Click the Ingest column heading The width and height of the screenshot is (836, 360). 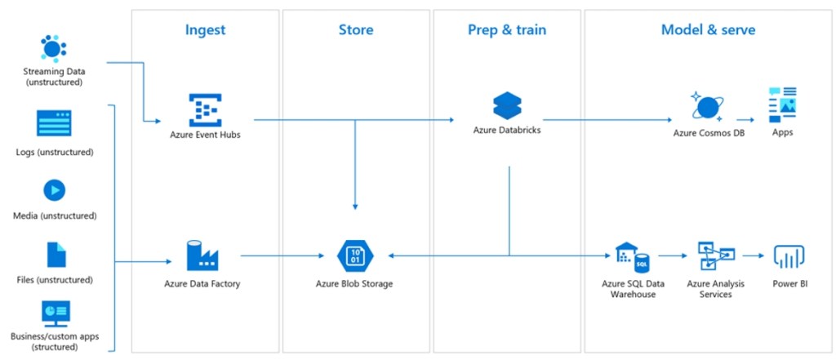pos(205,30)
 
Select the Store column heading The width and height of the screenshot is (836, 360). pos(356,30)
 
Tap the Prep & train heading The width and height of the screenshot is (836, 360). pos(507,30)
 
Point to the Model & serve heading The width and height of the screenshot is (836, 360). pos(708,30)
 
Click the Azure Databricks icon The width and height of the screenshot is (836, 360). pos(507,105)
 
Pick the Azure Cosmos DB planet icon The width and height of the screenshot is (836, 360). pos(707,107)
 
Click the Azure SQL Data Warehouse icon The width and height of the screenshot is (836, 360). pos(632,257)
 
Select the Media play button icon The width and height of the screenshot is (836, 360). pos(54,190)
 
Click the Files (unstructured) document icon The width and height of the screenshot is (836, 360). pos(56,255)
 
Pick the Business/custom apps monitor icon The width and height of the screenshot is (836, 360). pos(56,313)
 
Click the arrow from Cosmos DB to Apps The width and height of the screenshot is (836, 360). pos(746,118)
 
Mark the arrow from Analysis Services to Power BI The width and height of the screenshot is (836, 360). pos(754,256)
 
